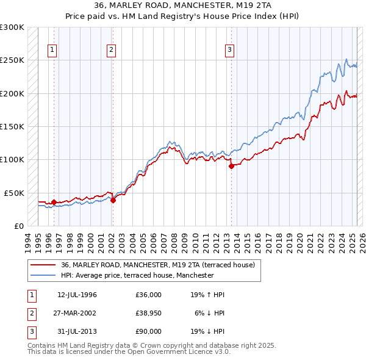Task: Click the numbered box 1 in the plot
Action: [x=52, y=51]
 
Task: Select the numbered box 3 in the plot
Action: [x=230, y=51]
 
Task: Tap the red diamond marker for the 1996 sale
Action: [x=54, y=202]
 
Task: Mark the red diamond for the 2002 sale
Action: [x=113, y=200]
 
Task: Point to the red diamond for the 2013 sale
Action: [x=231, y=166]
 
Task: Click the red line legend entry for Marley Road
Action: [x=161, y=265]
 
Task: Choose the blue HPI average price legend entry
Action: [x=137, y=275]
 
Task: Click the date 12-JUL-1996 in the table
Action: [x=77, y=295]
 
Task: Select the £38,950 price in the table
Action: [x=149, y=312]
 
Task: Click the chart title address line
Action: [x=182, y=5]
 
